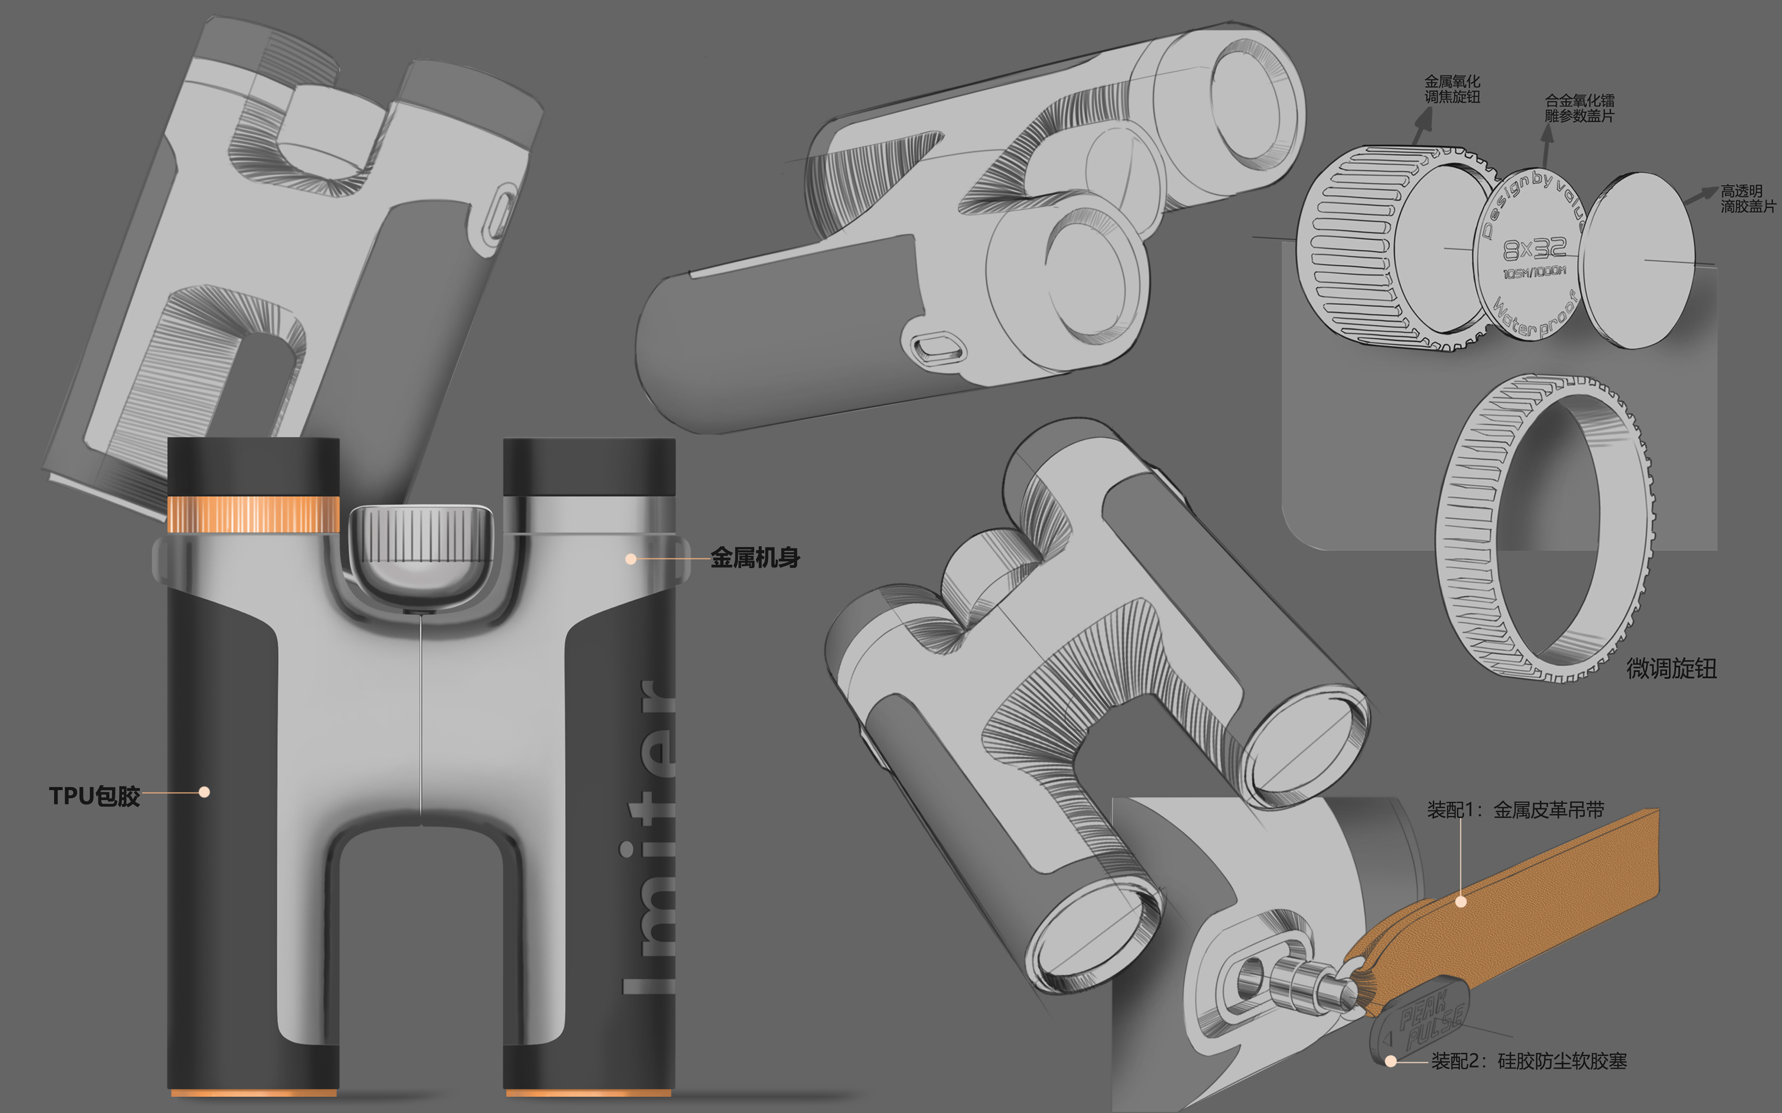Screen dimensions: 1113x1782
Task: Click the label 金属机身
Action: (x=755, y=557)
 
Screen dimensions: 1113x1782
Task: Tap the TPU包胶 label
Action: (x=94, y=796)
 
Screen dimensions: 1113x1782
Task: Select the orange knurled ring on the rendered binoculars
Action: (x=253, y=513)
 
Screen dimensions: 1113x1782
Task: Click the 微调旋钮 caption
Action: (x=1671, y=668)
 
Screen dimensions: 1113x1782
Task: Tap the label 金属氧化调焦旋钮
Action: (x=1451, y=89)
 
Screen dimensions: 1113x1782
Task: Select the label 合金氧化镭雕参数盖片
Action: (x=1579, y=108)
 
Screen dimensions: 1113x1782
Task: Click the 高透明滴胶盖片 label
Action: (x=1747, y=199)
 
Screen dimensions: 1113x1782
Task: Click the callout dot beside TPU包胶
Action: (x=204, y=792)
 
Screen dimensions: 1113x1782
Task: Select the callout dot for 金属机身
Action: (x=631, y=559)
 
